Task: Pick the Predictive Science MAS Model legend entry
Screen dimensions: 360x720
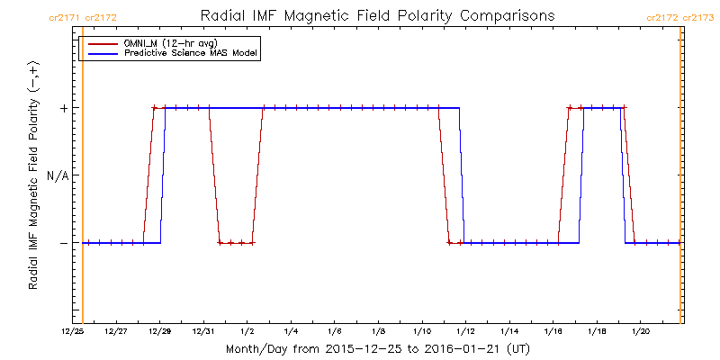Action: pyautogui.click(x=191, y=54)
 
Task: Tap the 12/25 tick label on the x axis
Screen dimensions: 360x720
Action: pyautogui.click(x=73, y=331)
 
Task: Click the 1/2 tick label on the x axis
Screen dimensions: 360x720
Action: pyautogui.click(x=247, y=331)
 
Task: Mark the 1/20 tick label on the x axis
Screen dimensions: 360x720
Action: pyautogui.click(x=641, y=331)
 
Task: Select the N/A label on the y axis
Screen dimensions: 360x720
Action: pyautogui.click(x=58, y=175)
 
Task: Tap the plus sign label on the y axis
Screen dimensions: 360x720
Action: pyautogui.click(x=63, y=108)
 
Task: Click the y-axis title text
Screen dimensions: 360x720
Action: pyautogui.click(x=33, y=176)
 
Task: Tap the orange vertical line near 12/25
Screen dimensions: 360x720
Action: pyautogui.click(x=83, y=180)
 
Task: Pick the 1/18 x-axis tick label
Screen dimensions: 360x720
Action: pyautogui.click(x=597, y=331)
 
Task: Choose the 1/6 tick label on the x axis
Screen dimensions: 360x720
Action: pyautogui.click(x=335, y=331)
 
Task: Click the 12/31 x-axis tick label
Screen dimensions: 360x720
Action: pyautogui.click(x=203, y=331)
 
